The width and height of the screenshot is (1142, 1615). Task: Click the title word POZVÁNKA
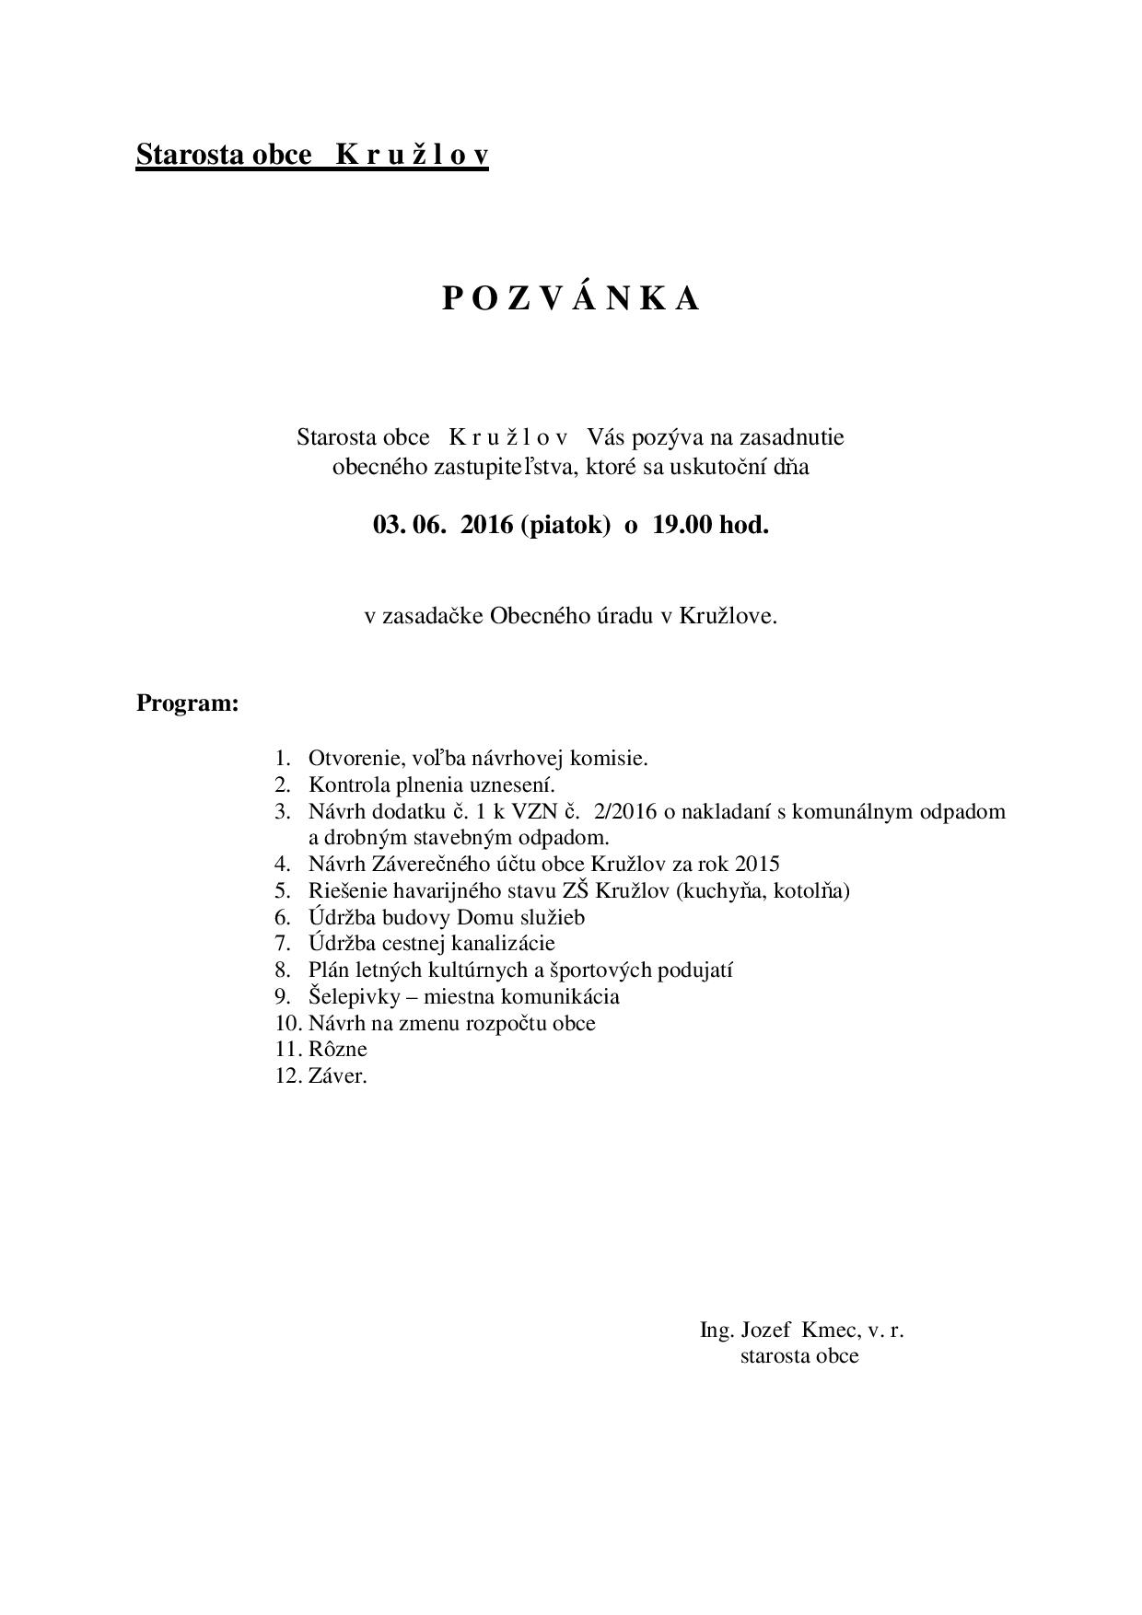pyautogui.click(x=571, y=299)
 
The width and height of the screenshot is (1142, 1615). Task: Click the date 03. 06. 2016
pyautogui.click(x=442, y=526)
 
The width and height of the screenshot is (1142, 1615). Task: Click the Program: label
pyautogui.click(x=188, y=704)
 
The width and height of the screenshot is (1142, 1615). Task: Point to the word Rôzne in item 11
pyautogui.click(x=338, y=1050)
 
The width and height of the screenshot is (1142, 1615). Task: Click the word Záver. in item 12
pyautogui.click(x=338, y=1076)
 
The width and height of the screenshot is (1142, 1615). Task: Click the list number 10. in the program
pyautogui.click(x=288, y=1024)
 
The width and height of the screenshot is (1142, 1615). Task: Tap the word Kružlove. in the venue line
pyautogui.click(x=728, y=617)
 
